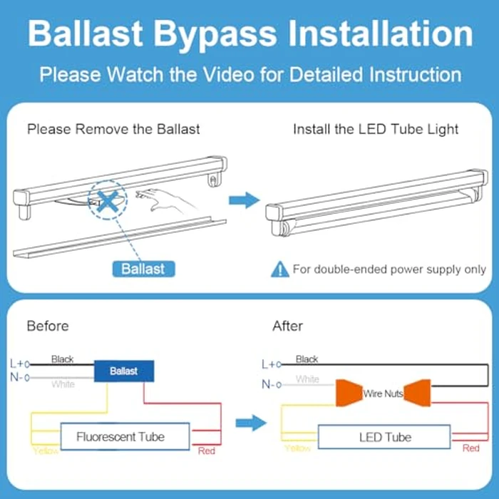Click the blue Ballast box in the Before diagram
123,371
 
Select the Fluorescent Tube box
120,436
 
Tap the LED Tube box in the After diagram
384,437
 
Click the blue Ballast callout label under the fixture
143,269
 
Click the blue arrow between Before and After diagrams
249,424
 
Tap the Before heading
48,326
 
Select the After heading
287,326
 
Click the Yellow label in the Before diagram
46,451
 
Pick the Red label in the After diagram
470,448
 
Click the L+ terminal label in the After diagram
269,364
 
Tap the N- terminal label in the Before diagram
18,377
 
